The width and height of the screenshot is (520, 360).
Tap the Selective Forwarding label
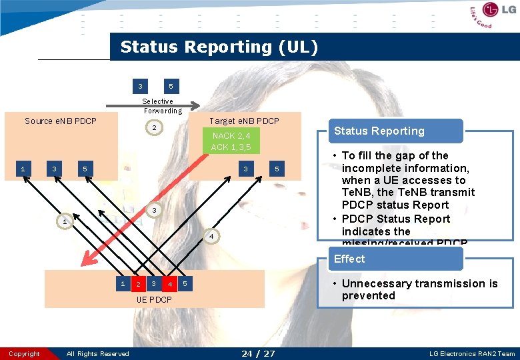[x=162, y=106]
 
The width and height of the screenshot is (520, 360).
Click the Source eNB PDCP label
[x=61, y=121]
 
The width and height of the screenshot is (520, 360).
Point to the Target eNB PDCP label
[x=244, y=121]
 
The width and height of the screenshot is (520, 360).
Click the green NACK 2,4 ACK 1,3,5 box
[x=231, y=141]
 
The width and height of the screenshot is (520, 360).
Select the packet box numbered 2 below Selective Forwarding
[x=155, y=127]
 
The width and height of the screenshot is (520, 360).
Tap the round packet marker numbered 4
[x=210, y=237]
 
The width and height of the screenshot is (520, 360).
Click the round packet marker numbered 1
[x=63, y=221]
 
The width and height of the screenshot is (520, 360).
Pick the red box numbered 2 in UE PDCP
[x=138, y=285]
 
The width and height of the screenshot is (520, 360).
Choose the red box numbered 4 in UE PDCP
[x=170, y=285]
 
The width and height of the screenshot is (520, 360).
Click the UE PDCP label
[x=154, y=300]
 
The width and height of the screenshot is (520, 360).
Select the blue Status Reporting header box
[x=396, y=131]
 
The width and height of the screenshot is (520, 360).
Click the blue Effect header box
[x=396, y=259]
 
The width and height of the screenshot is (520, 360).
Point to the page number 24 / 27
[x=258, y=353]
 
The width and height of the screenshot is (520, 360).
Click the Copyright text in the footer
[x=25, y=353]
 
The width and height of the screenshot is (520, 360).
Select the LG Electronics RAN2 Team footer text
[x=473, y=353]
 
